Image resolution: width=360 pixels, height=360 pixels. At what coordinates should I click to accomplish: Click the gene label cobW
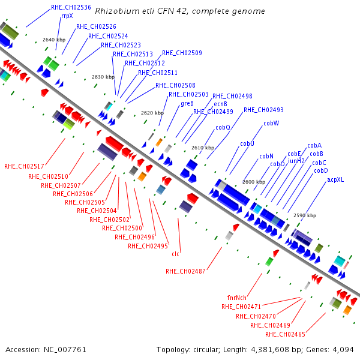pos(271,123)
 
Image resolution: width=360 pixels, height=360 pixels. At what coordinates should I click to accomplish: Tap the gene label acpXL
pos(335,180)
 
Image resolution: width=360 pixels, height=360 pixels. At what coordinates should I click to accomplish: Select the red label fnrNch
pos(237,298)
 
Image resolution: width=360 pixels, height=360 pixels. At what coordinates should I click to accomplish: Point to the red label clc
pos(175,254)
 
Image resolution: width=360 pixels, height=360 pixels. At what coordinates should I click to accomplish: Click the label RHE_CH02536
pos(71,8)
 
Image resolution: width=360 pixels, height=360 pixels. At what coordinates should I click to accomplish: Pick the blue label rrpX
pos(67,16)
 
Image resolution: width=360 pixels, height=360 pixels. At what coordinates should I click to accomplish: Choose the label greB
pos(187,104)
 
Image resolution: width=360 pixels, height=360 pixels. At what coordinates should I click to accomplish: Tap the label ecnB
pos(220,104)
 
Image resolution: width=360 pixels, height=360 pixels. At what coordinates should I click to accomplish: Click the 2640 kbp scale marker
pos(54,40)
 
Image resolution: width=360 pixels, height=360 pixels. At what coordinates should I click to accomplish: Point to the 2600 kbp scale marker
pos(254,182)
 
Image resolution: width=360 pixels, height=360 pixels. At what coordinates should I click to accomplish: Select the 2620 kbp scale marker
pos(152,113)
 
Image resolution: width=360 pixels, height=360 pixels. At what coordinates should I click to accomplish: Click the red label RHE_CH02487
pos(185,271)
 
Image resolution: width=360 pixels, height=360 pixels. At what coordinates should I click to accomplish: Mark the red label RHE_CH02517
pos(24,166)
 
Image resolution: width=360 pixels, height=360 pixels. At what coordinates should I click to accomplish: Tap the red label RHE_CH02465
pos(285,334)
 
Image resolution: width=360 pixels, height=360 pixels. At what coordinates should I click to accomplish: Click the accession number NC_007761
pos(65,350)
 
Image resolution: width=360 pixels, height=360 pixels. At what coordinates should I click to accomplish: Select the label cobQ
pos(223,127)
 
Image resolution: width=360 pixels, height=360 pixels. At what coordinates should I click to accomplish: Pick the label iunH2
pos(296,161)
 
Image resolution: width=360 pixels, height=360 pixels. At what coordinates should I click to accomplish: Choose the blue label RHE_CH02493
pos(263,110)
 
